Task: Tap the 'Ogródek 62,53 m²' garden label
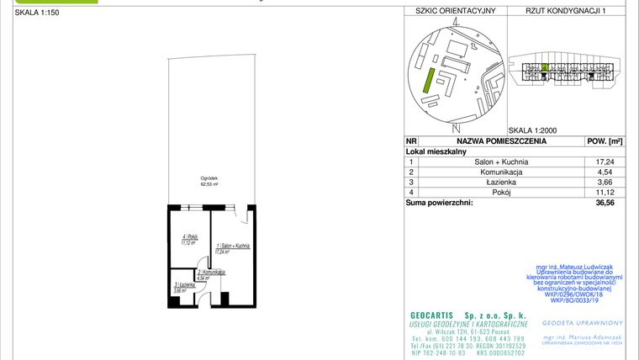pos(209,181)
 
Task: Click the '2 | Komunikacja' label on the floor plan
pos(210,273)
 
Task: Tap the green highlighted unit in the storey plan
pos(545,66)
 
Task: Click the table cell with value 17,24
pos(605,161)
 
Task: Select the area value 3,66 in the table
pos(605,182)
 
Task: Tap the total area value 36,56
pos(605,203)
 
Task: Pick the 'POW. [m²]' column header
pos(605,142)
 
